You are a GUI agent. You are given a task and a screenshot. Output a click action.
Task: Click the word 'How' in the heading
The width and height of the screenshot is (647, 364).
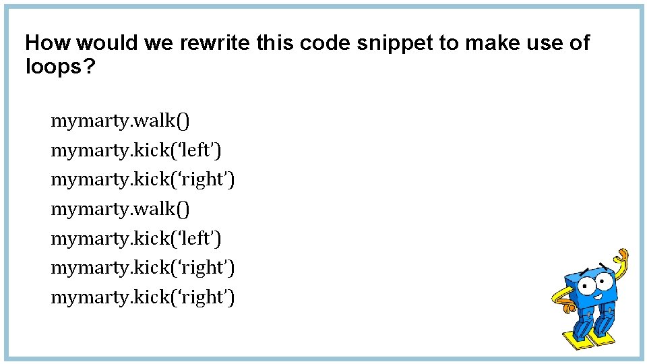click(48, 43)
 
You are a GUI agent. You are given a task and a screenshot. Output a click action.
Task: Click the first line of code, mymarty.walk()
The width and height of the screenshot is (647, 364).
click(121, 121)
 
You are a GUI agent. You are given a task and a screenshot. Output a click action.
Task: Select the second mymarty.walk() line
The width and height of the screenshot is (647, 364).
click(121, 209)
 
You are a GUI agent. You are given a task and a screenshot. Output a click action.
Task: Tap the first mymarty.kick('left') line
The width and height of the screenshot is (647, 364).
click(136, 150)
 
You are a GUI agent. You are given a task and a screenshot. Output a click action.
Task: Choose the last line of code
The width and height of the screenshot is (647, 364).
click(143, 297)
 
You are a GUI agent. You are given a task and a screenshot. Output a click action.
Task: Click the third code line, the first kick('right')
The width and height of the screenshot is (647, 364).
click(143, 180)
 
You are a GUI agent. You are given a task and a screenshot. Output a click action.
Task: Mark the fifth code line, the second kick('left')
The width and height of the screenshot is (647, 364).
click(136, 239)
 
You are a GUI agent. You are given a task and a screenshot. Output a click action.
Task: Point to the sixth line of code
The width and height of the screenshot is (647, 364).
click(143, 268)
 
